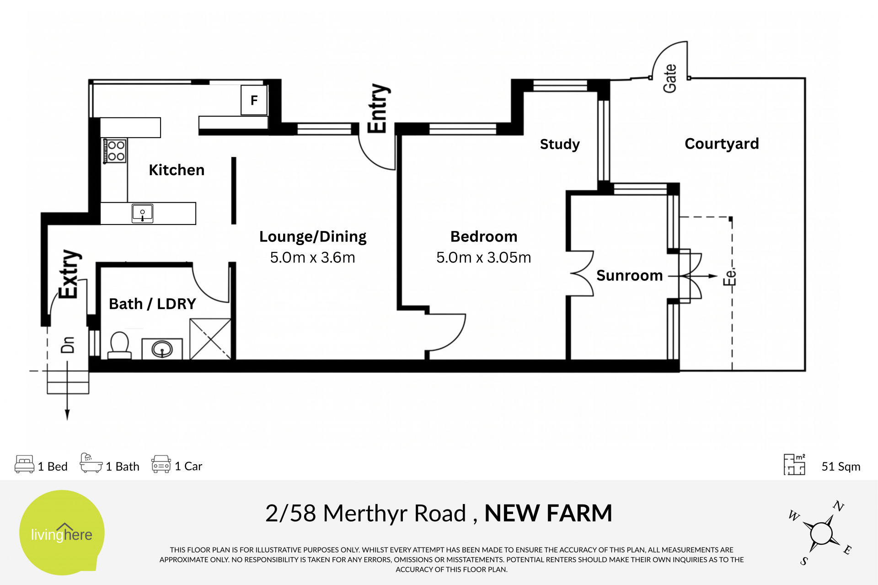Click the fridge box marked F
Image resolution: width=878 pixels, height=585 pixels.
click(x=254, y=100)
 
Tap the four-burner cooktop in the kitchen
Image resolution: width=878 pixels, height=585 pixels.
click(x=115, y=151)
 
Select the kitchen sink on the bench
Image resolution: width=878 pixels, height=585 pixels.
click(x=142, y=213)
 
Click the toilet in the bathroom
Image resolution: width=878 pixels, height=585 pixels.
click(x=119, y=346)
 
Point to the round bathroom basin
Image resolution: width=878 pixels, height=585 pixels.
click(x=162, y=349)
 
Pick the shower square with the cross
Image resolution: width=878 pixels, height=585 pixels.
click(x=210, y=339)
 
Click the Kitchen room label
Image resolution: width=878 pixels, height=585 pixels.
click(x=177, y=170)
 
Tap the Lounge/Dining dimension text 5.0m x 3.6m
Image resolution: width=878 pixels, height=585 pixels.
click(x=312, y=258)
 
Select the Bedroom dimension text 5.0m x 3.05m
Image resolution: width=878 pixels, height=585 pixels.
click(x=483, y=258)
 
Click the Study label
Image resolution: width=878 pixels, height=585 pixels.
click(x=560, y=144)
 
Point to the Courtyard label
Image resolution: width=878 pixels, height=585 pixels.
click(x=722, y=144)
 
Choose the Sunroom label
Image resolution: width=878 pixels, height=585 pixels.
click(x=629, y=275)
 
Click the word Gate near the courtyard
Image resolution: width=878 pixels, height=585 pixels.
click(x=670, y=78)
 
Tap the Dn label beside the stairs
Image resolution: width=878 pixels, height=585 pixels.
click(x=68, y=345)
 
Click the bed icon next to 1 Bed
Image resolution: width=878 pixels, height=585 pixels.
click(x=24, y=464)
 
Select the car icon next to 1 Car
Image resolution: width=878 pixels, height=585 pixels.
click(x=161, y=464)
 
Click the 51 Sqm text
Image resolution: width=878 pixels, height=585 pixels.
click(x=841, y=467)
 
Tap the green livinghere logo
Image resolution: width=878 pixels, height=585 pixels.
click(x=62, y=532)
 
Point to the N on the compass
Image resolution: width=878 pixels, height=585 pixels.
click(x=838, y=506)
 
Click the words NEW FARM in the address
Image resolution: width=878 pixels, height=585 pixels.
click(x=548, y=513)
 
